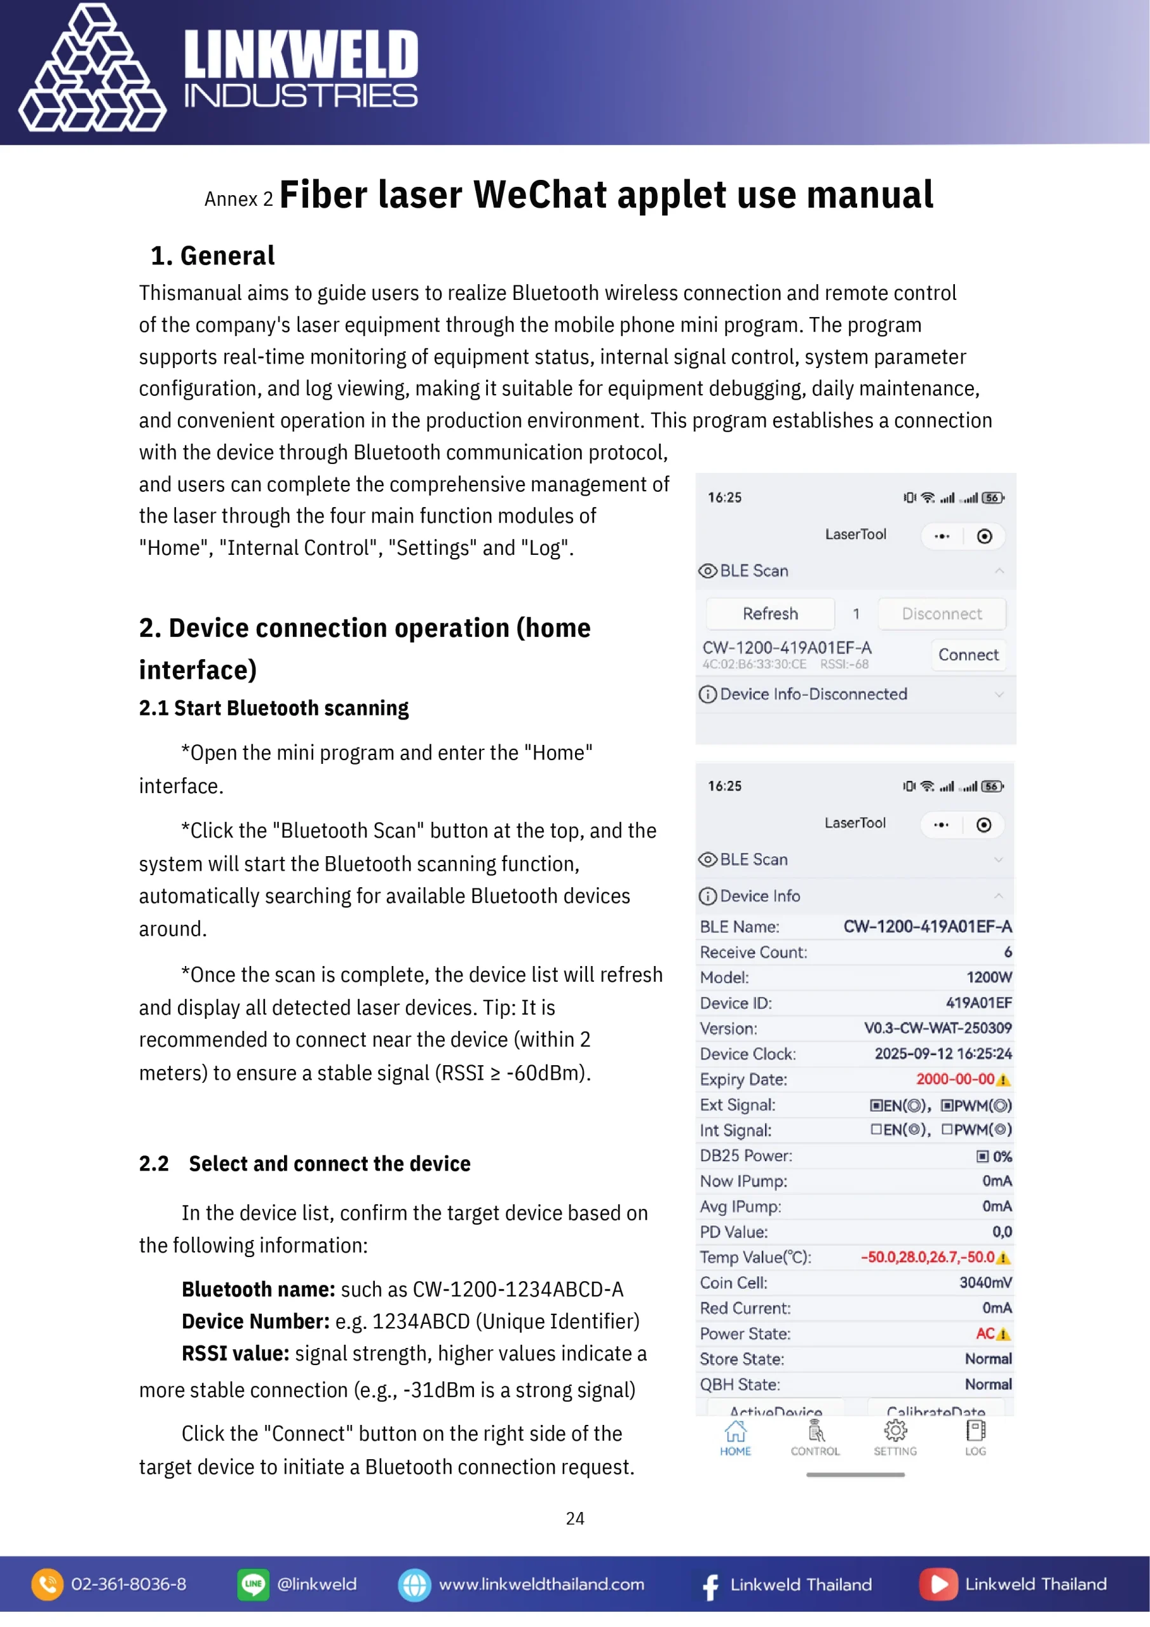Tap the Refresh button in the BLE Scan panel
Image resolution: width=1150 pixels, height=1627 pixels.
coord(769,614)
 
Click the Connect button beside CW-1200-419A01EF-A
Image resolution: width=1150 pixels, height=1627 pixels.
coord(968,655)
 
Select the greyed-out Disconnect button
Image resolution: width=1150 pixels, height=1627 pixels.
coord(941,614)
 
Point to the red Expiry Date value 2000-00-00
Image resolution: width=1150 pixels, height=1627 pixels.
coord(955,1079)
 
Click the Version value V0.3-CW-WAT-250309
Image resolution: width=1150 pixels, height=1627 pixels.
coord(937,1028)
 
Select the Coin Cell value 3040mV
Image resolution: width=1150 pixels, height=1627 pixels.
coord(985,1283)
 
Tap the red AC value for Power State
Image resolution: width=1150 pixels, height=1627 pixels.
coord(985,1333)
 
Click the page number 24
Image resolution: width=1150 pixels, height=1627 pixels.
coord(574,1518)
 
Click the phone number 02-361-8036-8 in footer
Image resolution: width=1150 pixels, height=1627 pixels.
coord(128,1584)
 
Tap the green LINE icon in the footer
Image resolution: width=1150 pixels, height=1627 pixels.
coord(253,1584)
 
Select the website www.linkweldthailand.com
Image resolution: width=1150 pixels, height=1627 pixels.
coord(541,1584)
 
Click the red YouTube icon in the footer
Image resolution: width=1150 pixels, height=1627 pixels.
coord(938,1584)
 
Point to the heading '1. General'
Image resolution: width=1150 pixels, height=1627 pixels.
coord(213,256)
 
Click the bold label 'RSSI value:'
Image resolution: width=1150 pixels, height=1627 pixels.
coord(235,1354)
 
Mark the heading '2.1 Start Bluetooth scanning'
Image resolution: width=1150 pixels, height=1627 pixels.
coord(273,708)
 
